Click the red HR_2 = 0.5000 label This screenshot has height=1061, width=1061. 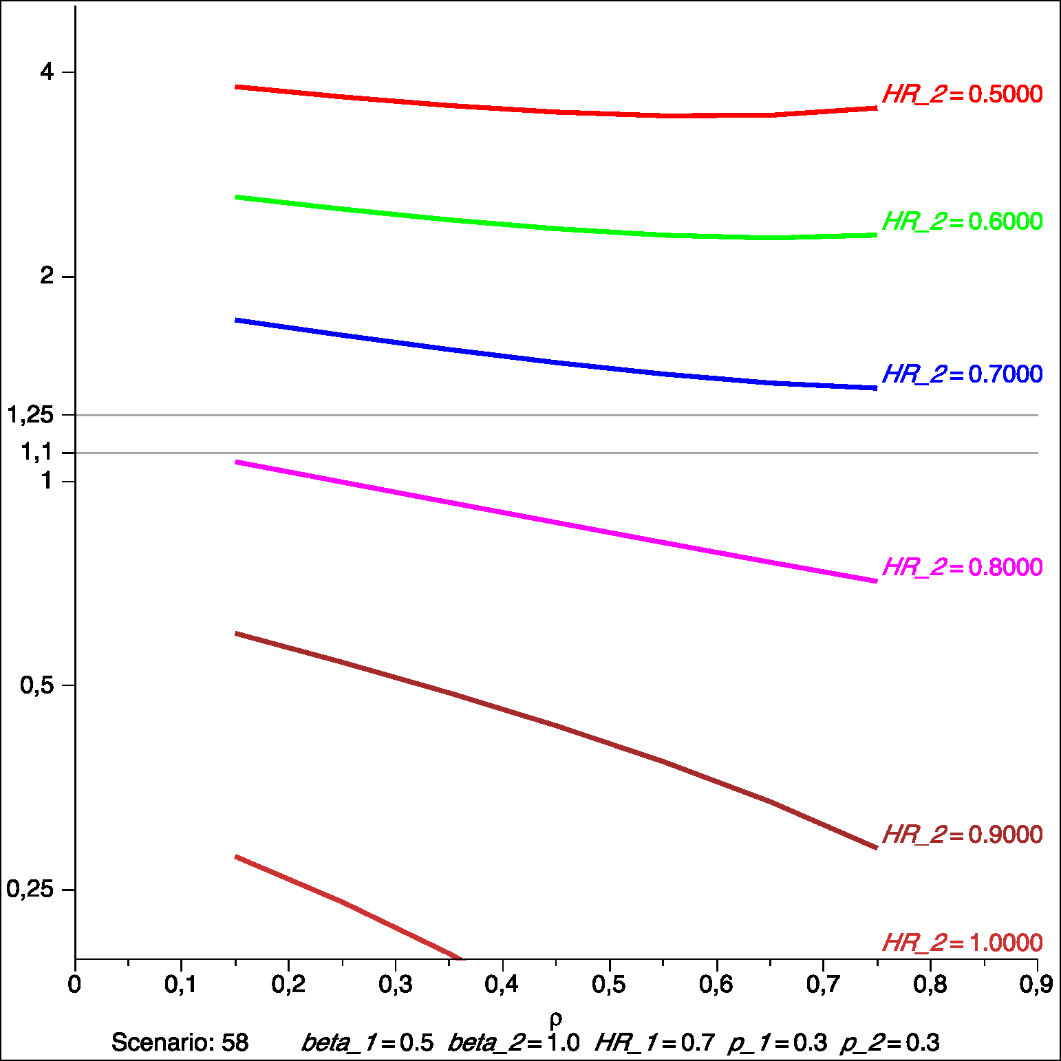click(962, 94)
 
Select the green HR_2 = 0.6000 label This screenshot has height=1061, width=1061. click(962, 222)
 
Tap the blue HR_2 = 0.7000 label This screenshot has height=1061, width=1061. click(962, 374)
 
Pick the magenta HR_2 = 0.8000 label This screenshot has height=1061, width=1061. click(962, 568)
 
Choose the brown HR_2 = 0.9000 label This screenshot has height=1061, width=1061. click(962, 835)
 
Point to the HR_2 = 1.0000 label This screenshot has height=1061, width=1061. click(962, 943)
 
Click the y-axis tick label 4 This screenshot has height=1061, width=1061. click(47, 72)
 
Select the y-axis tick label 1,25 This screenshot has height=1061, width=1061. click(30, 415)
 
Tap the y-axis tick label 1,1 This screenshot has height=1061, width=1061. click(36, 452)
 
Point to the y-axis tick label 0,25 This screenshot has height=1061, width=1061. click(30, 889)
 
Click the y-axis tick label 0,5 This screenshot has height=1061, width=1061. click(36, 685)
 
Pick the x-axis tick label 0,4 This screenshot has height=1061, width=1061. click(502, 985)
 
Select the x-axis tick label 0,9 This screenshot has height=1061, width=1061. click(1036, 985)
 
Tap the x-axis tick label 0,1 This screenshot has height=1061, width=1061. click(181, 985)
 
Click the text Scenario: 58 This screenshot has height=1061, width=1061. click(180, 1042)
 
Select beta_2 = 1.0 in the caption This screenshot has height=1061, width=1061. click(513, 1042)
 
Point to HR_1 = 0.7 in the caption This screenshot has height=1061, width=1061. click(654, 1042)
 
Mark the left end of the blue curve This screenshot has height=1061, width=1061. click(237, 320)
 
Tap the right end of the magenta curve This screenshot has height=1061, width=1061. click(877, 581)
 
